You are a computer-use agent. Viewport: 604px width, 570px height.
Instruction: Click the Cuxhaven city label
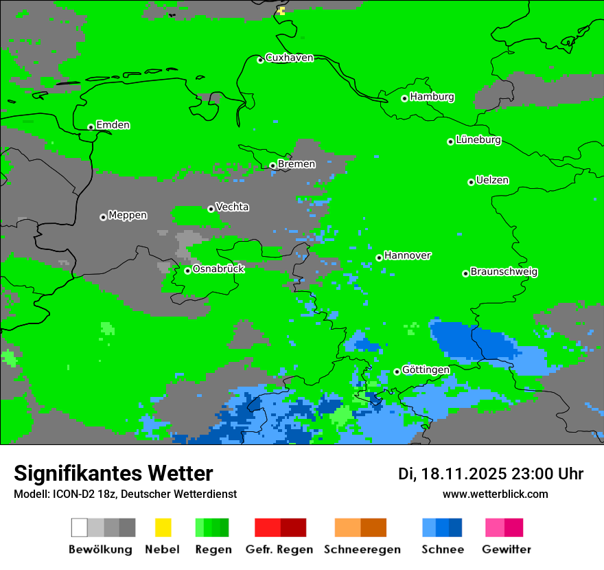(289, 58)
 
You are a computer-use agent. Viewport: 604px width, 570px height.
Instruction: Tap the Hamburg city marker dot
(405, 98)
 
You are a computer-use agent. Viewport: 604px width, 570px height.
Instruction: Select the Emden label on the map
(113, 125)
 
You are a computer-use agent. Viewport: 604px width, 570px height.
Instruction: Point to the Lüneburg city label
(478, 139)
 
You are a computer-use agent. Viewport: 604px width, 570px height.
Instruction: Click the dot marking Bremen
(272, 166)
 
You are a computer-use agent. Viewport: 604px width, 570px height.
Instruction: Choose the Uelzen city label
(492, 180)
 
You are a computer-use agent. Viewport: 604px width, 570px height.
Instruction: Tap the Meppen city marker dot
(103, 217)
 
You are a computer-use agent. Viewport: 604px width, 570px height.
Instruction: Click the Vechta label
(232, 207)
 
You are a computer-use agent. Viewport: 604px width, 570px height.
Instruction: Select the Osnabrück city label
(218, 269)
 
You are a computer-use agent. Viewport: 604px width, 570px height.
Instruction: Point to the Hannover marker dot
(379, 258)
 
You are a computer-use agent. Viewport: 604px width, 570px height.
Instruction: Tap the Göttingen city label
(426, 369)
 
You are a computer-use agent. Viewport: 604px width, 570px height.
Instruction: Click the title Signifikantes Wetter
(113, 473)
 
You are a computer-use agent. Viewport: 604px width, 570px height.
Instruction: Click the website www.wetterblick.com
(495, 494)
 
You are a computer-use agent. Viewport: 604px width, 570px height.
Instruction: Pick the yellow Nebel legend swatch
(163, 527)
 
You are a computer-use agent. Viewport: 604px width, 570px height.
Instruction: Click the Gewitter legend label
(506, 549)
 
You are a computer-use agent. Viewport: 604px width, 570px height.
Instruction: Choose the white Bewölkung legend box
(80, 527)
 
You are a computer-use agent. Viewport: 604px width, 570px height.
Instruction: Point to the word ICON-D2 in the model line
(71, 494)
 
